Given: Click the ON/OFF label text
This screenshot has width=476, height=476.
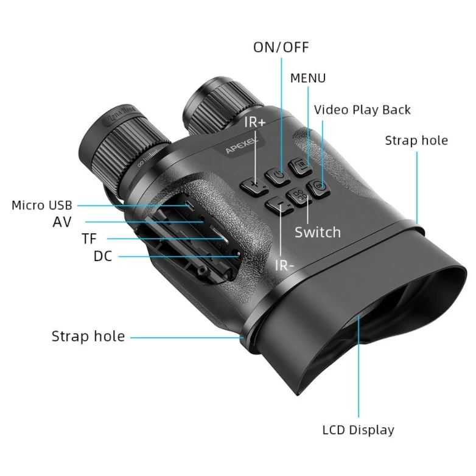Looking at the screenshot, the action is point(281,47).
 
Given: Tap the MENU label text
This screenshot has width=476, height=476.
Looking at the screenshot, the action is point(307,78).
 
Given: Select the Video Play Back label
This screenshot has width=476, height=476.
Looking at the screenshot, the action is point(362,110).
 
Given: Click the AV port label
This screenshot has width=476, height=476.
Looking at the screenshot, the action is point(62,222).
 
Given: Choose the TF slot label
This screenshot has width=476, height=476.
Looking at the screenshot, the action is point(89,239).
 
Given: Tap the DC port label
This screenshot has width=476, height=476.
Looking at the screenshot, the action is point(103,256).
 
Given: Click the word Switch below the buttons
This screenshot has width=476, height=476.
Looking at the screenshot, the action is point(318,233).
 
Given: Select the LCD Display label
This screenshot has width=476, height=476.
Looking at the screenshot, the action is point(358,430).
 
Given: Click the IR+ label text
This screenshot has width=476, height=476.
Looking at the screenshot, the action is point(254,122).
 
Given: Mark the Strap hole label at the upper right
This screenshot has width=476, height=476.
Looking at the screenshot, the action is point(416,141).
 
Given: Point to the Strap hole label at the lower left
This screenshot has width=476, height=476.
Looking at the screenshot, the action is point(88,336).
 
